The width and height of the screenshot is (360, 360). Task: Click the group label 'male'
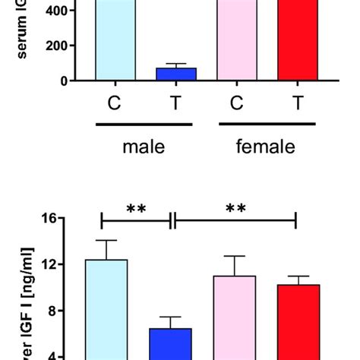pos(144,147)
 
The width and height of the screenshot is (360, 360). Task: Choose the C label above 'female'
pos(236,103)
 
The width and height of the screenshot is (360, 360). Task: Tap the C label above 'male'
pos(114,103)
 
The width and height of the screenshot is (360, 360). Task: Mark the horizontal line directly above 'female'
pos(267,122)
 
